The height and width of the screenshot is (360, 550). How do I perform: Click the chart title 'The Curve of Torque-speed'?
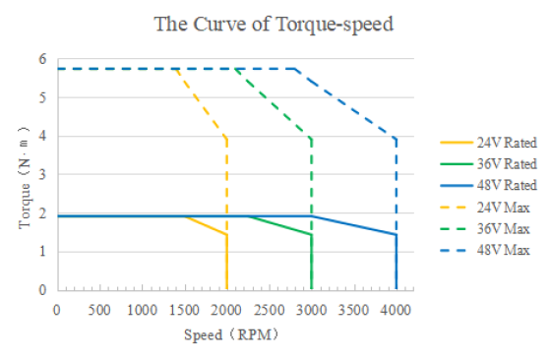(274, 25)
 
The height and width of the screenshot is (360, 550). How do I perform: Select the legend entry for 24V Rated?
(488, 143)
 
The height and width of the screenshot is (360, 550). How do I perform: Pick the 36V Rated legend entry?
(488, 164)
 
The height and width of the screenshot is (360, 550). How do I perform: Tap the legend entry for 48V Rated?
(488, 185)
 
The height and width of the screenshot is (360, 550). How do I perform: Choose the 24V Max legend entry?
(485, 208)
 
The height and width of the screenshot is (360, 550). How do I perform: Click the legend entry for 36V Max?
(485, 229)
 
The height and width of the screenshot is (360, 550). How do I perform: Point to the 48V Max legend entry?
(485, 250)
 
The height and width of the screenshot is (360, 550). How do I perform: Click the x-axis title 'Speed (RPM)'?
(231, 334)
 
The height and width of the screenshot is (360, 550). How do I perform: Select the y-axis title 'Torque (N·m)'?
(25, 178)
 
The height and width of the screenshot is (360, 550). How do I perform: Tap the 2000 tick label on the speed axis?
(226, 310)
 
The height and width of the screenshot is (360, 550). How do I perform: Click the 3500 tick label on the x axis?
(353, 310)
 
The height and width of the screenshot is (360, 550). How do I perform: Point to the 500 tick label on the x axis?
(99, 310)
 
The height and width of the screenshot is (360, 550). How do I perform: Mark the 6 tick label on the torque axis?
(42, 59)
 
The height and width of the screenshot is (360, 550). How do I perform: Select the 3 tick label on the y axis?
(42, 174)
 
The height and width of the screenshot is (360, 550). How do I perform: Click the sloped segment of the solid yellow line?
(206, 225)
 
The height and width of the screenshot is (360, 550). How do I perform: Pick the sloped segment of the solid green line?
(279, 225)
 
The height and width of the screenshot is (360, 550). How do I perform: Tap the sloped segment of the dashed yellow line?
(202, 103)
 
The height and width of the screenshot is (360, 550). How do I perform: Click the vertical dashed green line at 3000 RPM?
(312, 177)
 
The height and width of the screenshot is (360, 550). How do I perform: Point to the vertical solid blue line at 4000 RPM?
(397, 263)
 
